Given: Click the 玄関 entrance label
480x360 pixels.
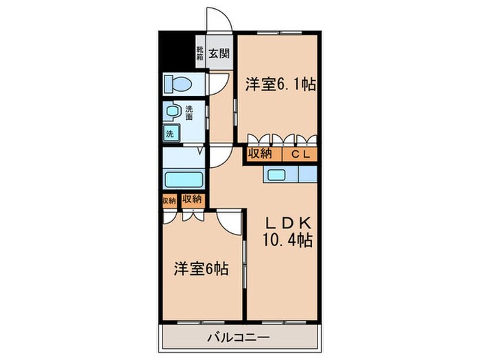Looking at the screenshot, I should coord(218,53).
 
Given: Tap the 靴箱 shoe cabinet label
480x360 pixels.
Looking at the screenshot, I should coord(200,53).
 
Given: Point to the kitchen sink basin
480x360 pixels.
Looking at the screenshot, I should coord(278,175).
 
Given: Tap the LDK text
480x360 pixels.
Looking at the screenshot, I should coord(289,223).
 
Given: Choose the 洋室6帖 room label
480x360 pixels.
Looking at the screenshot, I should coord(200,269).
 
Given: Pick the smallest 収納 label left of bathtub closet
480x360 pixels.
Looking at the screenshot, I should coord(169,200).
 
